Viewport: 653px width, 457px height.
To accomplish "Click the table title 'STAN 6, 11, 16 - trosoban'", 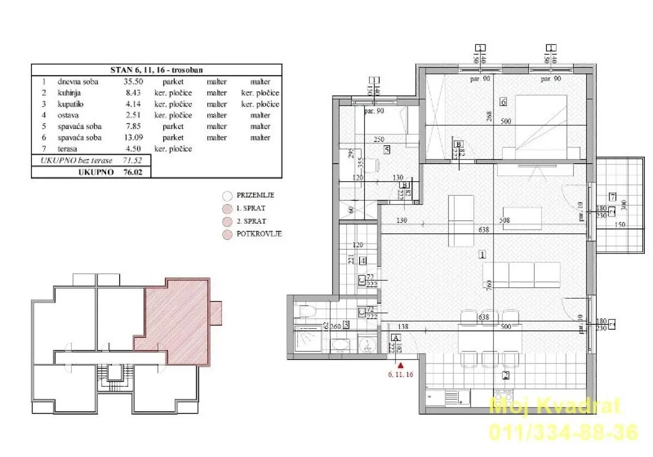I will click(x=156, y=70).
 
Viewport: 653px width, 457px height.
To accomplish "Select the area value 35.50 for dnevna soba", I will click(x=134, y=82).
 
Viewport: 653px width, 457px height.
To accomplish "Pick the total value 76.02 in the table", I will click(x=134, y=172).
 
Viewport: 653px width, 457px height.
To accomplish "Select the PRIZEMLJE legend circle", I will click(x=227, y=195).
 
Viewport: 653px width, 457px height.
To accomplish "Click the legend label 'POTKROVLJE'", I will click(x=259, y=234).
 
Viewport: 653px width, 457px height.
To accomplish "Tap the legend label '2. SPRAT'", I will click(x=251, y=221).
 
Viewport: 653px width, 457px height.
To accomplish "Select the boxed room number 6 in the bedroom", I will click(x=503, y=102).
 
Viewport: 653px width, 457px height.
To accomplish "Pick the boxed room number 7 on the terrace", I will click(x=612, y=196).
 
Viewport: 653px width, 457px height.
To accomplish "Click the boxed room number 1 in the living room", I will click(x=482, y=254).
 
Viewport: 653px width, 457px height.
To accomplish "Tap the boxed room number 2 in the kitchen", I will click(x=505, y=375).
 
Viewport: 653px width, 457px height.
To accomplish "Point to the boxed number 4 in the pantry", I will click(x=362, y=261).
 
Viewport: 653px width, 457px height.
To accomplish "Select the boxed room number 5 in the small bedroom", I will click(x=386, y=151).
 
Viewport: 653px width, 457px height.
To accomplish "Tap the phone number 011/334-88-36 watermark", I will click(x=563, y=431).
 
